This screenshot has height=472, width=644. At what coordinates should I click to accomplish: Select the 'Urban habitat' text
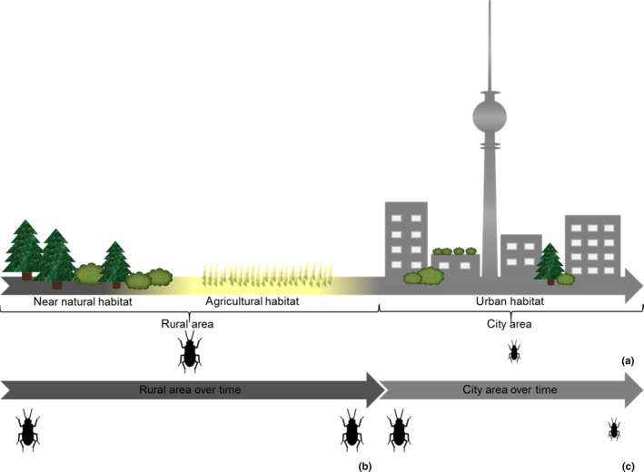pyautogui.click(x=510, y=300)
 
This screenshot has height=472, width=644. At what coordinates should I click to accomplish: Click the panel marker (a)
pyautogui.click(x=627, y=360)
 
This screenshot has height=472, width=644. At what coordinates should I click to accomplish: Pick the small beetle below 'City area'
pyautogui.click(x=514, y=351)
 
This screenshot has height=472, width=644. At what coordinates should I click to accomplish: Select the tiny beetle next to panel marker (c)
pyautogui.click(x=614, y=429)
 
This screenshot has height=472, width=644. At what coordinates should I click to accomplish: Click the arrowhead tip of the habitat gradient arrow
pyautogui.click(x=638, y=286)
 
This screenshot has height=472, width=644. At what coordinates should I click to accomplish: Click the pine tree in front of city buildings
pyautogui.click(x=549, y=263)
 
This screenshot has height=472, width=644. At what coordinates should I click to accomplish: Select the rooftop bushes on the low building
pyautogui.click(x=454, y=251)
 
